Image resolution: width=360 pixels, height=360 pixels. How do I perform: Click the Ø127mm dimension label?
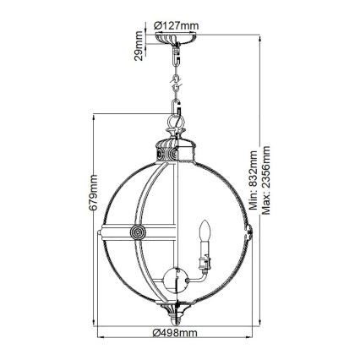(x=178, y=25)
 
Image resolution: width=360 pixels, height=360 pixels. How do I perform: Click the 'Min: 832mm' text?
(x=254, y=177)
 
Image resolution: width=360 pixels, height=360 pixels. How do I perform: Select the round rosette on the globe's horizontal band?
(x=135, y=232)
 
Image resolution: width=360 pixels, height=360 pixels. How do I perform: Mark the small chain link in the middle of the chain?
(x=177, y=85)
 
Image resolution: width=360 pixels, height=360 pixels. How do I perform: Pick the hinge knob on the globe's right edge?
(x=251, y=230)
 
